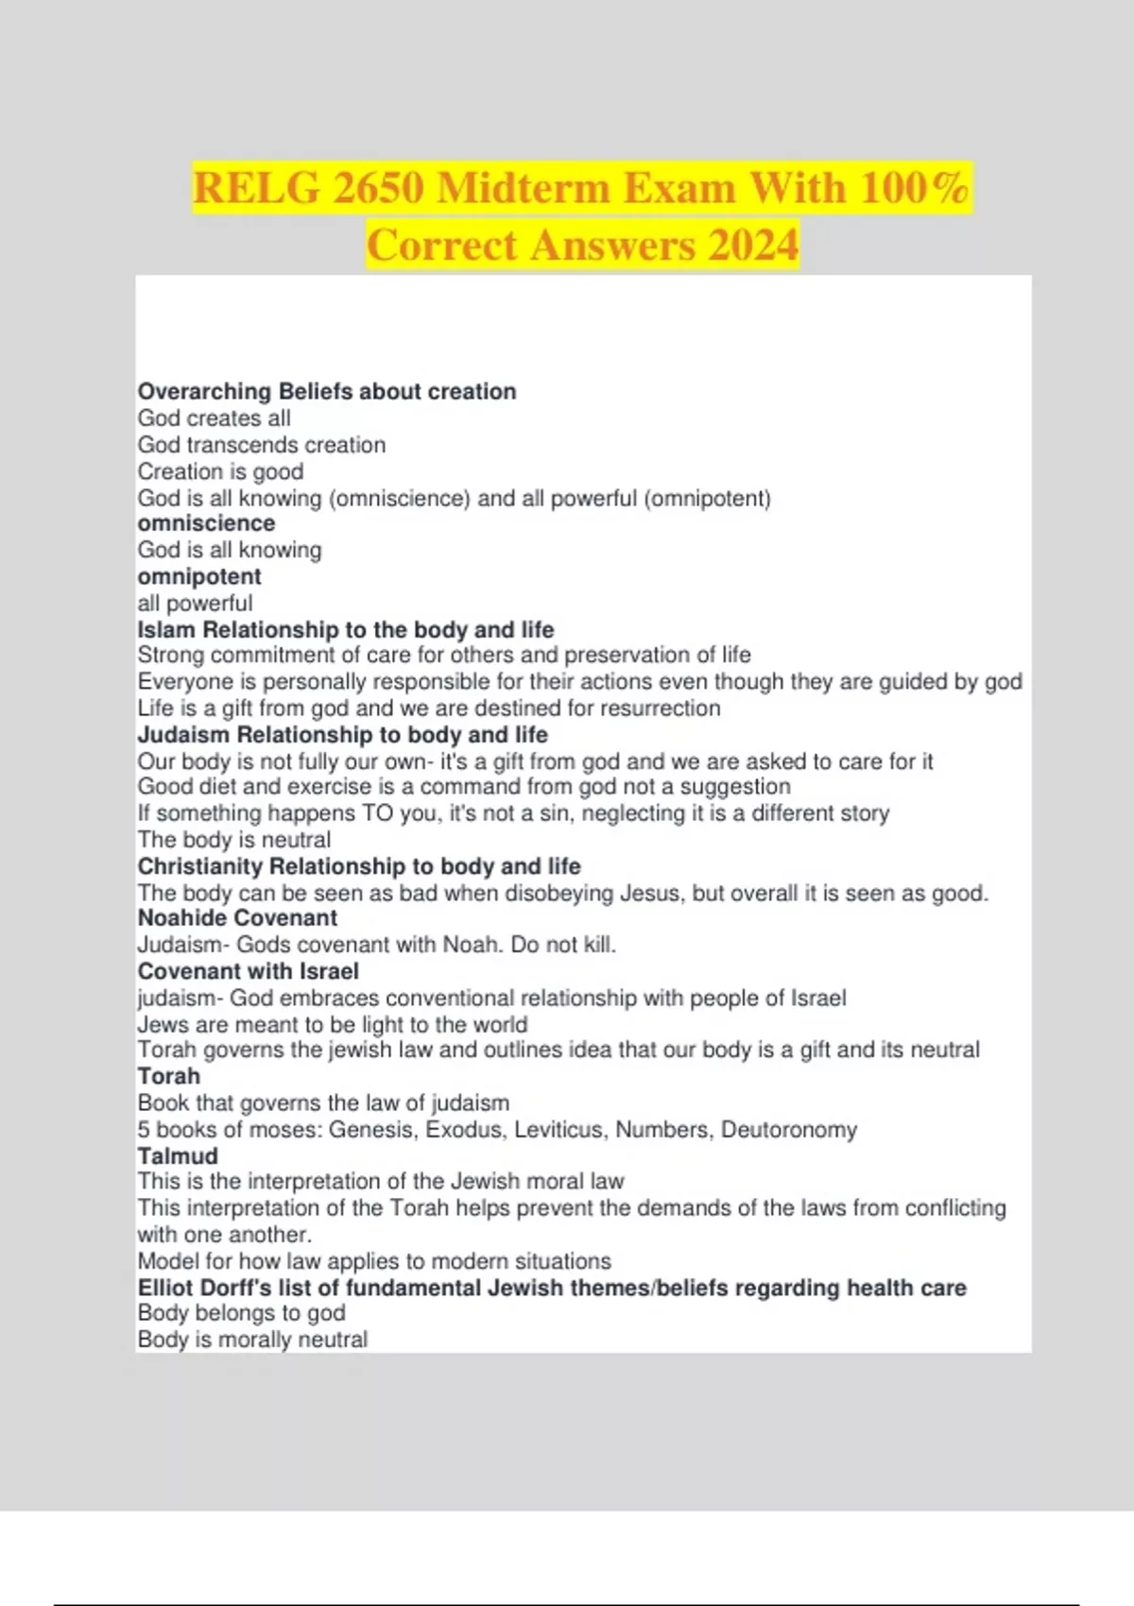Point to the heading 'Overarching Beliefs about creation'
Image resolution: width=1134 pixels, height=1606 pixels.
[x=327, y=391]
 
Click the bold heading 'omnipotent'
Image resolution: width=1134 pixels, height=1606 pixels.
[x=199, y=576]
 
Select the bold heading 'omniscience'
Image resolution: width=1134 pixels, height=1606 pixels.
[x=206, y=523]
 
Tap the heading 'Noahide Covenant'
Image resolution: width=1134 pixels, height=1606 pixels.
[x=237, y=918]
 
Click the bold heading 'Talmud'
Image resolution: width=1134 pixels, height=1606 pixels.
[x=178, y=1156]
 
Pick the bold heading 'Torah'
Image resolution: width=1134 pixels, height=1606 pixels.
[x=169, y=1076]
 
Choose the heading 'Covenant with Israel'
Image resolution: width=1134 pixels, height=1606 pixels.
[x=249, y=971]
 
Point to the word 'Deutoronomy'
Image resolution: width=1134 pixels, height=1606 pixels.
[x=789, y=1130]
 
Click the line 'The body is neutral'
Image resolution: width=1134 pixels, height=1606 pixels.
[x=234, y=840]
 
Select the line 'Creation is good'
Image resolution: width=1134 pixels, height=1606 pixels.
[x=221, y=471]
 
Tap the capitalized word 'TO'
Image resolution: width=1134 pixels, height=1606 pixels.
[x=378, y=813]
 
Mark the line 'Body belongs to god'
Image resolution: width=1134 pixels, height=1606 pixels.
[x=242, y=1313]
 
